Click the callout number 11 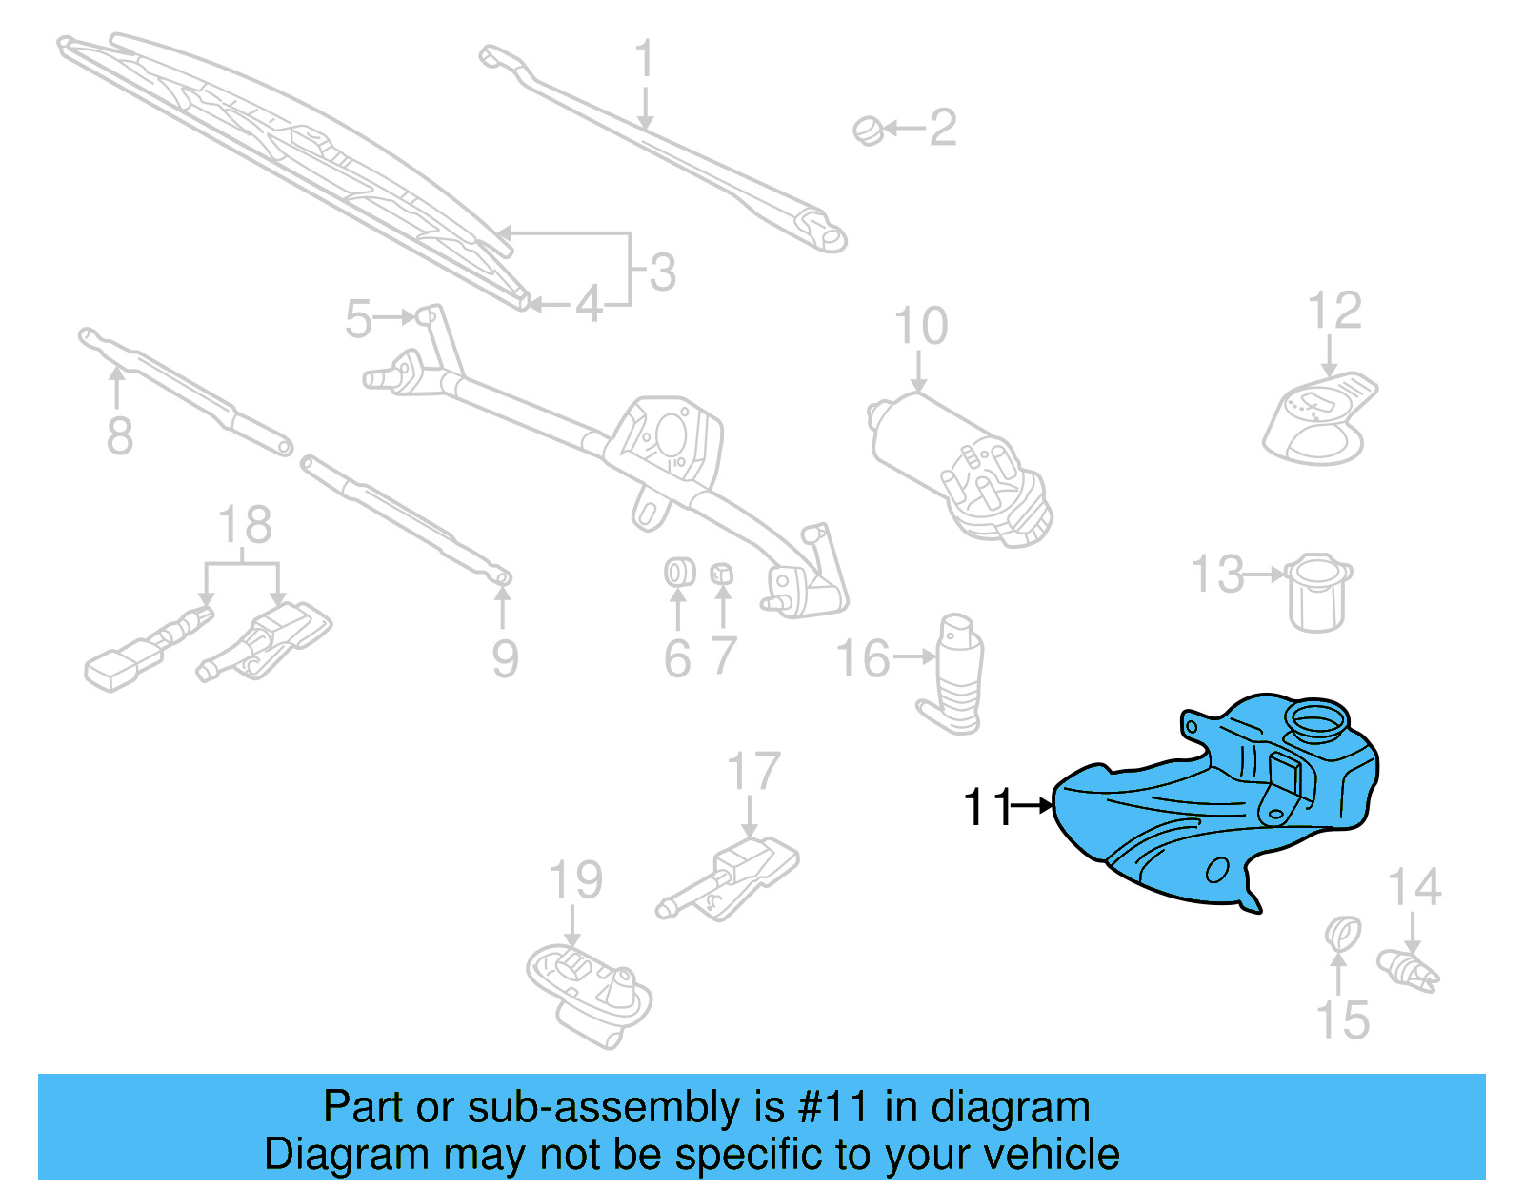pos(987,807)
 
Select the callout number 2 pos(942,128)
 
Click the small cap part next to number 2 pos(868,130)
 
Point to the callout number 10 pos(921,326)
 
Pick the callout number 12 pos(1334,311)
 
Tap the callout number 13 pos(1217,575)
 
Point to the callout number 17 pos(752,771)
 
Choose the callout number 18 pos(245,525)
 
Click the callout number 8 pos(119,436)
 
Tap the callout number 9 pos(505,658)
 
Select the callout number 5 pos(358,318)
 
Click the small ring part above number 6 pos(678,573)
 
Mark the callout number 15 pos(1342,1020)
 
